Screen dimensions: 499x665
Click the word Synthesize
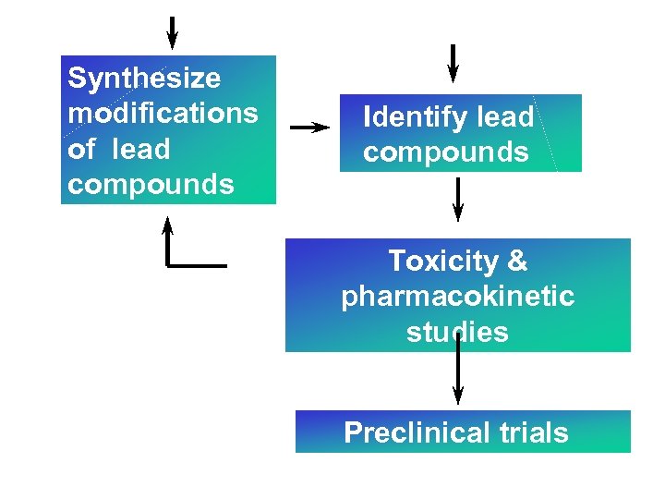144,78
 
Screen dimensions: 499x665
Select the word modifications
163,113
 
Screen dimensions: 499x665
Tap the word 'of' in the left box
80,148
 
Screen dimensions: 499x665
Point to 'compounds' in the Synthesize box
151,184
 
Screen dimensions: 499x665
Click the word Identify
403,117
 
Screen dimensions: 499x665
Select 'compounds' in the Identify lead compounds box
445,152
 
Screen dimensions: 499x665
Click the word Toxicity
442,261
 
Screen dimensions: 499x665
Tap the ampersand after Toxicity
517,261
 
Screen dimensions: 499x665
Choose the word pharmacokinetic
457,296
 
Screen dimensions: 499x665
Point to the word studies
457,331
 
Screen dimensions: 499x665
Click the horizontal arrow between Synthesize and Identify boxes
309,128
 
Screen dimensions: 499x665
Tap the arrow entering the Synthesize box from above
172,32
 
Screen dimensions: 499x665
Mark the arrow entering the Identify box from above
452,63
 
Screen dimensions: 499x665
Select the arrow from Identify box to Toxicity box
457,199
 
